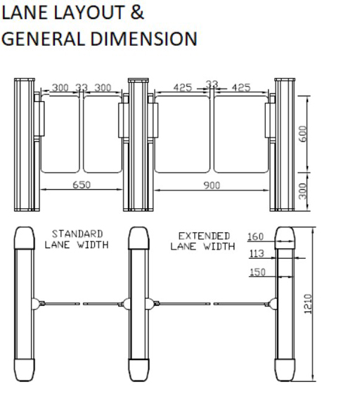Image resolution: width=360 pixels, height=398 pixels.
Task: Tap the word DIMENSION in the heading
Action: pyautogui.click(x=143, y=39)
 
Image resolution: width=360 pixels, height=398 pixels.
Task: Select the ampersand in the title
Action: pyautogui.click(x=137, y=13)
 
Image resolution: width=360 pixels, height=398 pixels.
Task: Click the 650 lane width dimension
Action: pyautogui.click(x=82, y=185)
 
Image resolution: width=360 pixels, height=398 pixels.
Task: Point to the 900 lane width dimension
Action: pyautogui.click(x=212, y=186)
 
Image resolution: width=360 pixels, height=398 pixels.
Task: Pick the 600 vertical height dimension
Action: pyautogui.click(x=302, y=134)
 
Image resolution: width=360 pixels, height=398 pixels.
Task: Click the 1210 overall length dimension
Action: pyautogui.click(x=308, y=304)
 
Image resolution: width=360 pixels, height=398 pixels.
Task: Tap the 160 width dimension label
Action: pyautogui.click(x=255, y=236)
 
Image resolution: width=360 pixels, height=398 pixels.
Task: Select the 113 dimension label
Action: pyautogui.click(x=257, y=253)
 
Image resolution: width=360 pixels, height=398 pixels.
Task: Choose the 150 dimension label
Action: pyautogui.click(x=257, y=272)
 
